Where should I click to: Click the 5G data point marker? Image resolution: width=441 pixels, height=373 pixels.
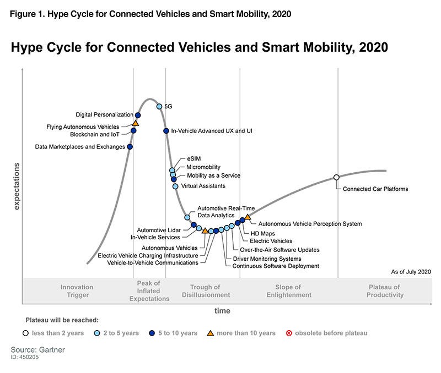pyautogui.click(x=159, y=107)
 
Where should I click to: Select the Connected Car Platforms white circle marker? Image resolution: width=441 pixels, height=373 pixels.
pyautogui.click(x=336, y=177)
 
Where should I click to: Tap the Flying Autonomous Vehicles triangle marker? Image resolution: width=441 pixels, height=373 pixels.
pyautogui.click(x=136, y=123)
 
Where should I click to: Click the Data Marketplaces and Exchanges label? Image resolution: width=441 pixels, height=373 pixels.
pyautogui.click(x=80, y=147)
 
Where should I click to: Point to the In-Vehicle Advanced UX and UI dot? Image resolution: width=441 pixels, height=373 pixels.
pyautogui.click(x=166, y=130)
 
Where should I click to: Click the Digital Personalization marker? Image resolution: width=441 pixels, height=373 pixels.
pyautogui.click(x=138, y=115)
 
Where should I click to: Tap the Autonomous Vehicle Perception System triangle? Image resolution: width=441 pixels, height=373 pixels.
pyautogui.click(x=248, y=217)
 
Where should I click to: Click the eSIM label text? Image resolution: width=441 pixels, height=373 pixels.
pyautogui.click(x=193, y=158)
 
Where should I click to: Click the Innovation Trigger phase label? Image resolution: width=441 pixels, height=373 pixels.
pyautogui.click(x=77, y=291)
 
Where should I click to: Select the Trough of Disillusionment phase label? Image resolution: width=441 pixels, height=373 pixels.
pyautogui.click(x=205, y=291)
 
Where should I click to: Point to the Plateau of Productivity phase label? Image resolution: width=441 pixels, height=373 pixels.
pyautogui.click(x=385, y=291)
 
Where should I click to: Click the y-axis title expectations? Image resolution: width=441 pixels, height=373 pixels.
pyautogui.click(x=16, y=186)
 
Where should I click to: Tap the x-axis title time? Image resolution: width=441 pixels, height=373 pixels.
pyautogui.click(x=222, y=311)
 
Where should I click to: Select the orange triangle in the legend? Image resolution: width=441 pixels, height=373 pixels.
pyautogui.click(x=210, y=333)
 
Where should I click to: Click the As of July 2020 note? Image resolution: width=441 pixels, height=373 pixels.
pyautogui.click(x=411, y=272)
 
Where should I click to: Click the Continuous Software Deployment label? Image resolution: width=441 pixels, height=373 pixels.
pyautogui.click(x=276, y=266)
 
